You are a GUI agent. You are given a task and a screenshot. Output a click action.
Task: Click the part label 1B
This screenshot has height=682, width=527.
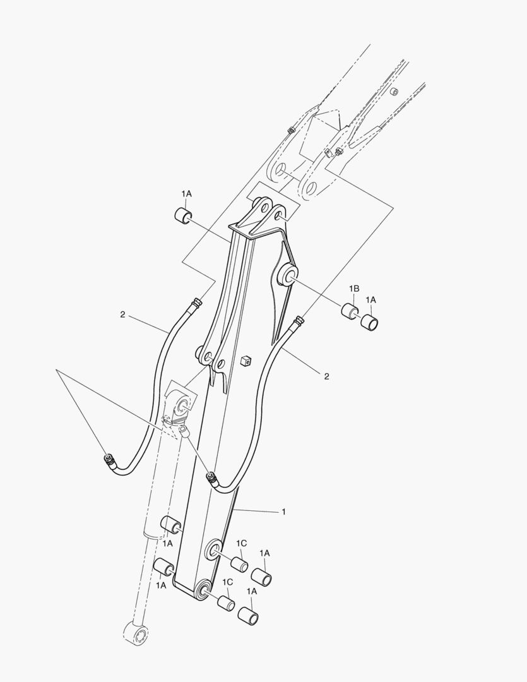click(355, 288)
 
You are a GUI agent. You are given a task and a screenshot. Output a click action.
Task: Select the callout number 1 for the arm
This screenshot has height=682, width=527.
click(283, 512)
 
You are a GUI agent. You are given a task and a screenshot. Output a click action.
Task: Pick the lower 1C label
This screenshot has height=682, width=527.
click(227, 581)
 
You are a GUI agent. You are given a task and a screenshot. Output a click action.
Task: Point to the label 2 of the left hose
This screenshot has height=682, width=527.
click(122, 314)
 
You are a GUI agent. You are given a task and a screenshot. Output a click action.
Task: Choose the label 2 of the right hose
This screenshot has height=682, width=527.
click(326, 376)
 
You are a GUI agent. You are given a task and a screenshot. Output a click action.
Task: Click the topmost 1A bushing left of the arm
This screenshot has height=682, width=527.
click(182, 215)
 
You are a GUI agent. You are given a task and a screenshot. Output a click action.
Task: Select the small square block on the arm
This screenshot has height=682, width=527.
click(246, 361)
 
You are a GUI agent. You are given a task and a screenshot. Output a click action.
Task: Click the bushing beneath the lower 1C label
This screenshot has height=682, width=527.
click(226, 602)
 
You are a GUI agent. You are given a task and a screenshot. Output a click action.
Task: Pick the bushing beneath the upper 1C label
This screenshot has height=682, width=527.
click(239, 563)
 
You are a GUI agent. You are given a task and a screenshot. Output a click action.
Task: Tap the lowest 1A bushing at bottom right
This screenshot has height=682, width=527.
click(247, 615)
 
